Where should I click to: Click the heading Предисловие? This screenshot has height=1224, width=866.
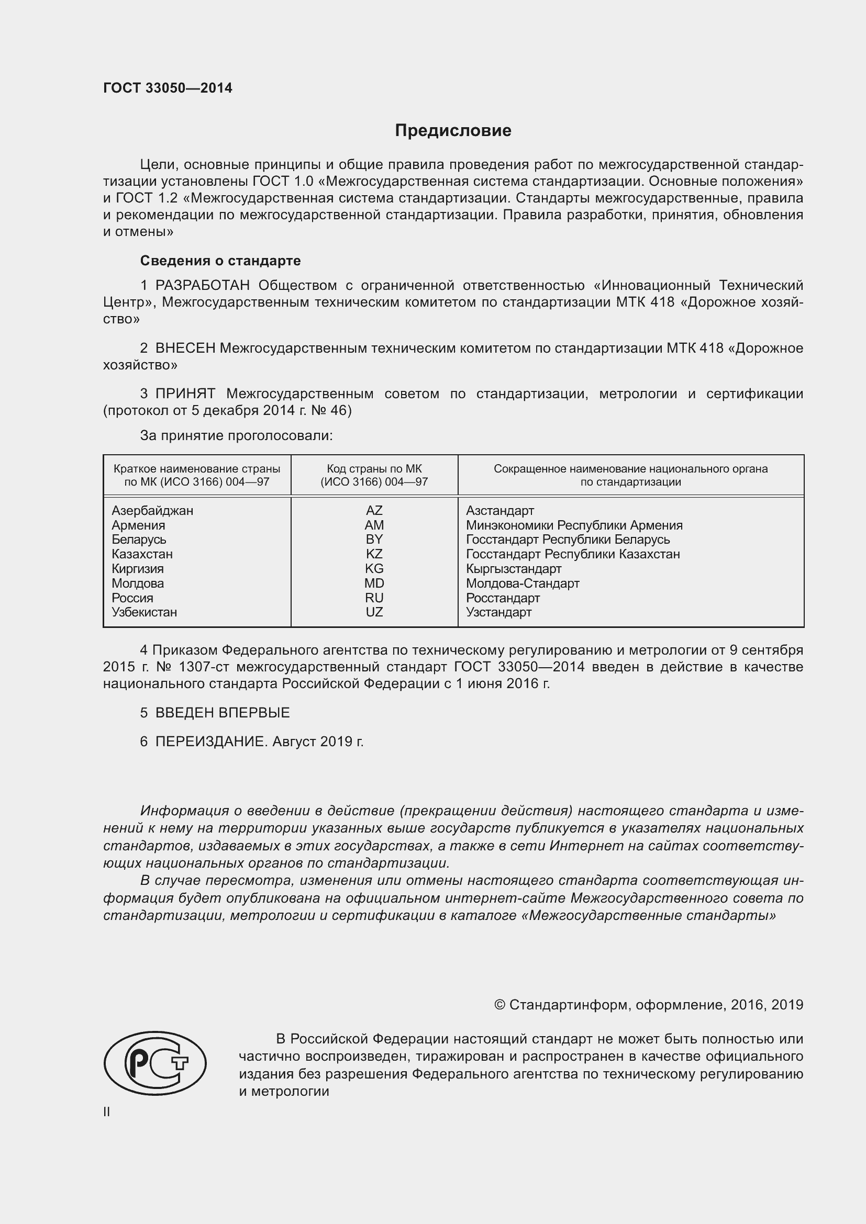point(453,131)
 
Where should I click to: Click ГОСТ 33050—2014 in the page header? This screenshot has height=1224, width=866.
point(168,88)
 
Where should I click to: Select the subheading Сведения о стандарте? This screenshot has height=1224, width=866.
point(220,261)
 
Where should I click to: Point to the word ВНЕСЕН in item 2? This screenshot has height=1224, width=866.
point(185,348)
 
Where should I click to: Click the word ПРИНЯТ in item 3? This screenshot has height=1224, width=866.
point(185,394)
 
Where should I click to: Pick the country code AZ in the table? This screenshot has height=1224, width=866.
point(374,511)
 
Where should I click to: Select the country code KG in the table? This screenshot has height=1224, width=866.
point(374,569)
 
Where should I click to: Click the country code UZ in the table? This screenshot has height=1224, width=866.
point(374,612)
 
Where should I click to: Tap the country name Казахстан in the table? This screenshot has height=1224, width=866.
point(142,554)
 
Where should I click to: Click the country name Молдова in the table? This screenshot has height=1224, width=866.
point(138,583)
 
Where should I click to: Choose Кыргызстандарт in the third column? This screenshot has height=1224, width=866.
point(513,569)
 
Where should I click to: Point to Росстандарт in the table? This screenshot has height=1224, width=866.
point(502,598)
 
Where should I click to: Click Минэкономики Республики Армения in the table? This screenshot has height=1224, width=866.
point(574,525)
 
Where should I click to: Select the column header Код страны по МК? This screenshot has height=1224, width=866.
point(374,469)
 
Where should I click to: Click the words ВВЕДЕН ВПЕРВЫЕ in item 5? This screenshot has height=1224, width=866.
point(223,713)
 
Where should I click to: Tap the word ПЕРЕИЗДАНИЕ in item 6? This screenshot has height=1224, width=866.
point(210,742)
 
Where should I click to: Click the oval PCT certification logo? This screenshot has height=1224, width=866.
point(154,1063)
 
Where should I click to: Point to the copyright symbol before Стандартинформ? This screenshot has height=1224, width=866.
point(499,1005)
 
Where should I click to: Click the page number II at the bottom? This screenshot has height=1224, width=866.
point(107,1112)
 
